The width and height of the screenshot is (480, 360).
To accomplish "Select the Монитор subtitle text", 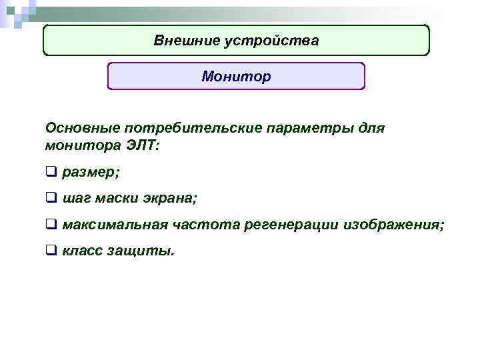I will pyautogui.click(x=236, y=77).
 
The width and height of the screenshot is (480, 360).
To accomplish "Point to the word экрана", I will pyautogui.click(x=174, y=199).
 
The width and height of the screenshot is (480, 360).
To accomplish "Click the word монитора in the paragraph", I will pyautogui.click(x=79, y=145).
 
